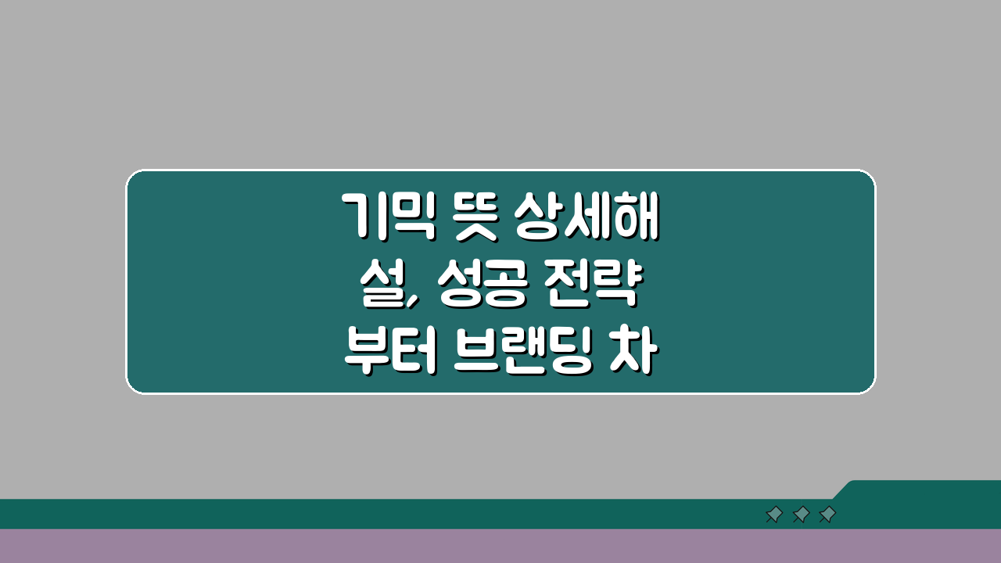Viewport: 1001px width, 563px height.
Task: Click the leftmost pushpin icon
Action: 773,515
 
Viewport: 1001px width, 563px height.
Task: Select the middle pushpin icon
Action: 800,515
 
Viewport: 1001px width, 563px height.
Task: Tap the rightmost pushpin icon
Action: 827,515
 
